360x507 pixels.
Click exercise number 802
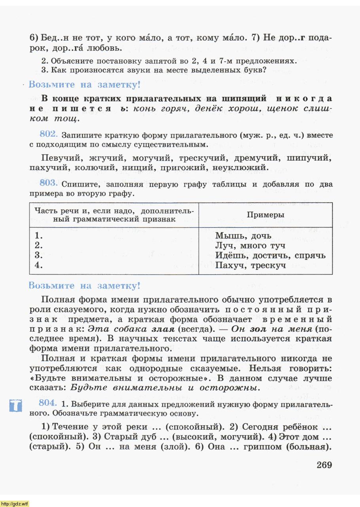click(x=49, y=133)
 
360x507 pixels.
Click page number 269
click(x=324, y=465)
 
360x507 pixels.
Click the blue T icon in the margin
click(x=15, y=406)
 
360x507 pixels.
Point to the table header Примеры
click(x=265, y=215)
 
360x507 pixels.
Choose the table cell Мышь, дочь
click(x=243, y=236)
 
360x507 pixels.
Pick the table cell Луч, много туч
click(x=250, y=246)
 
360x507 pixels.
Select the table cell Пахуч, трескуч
click(x=250, y=265)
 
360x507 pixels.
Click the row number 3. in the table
click(x=39, y=255)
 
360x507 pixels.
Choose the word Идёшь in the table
click(x=231, y=255)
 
